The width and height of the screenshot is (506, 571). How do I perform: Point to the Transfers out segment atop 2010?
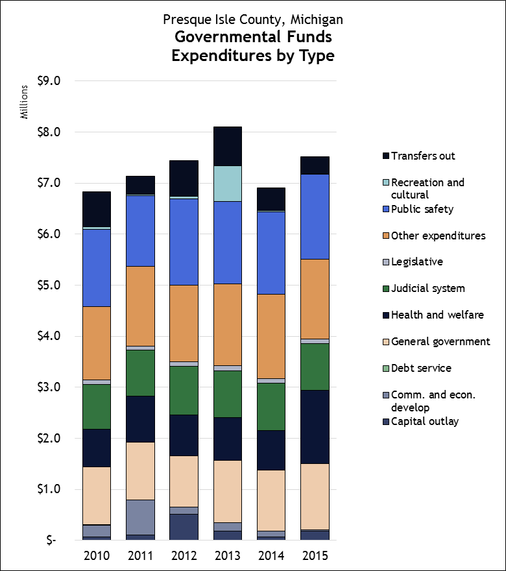point(96,209)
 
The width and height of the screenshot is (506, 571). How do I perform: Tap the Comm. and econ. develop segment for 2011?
point(140,517)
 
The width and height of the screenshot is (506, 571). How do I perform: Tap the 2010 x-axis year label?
point(96,556)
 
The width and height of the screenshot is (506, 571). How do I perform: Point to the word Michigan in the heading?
point(317,19)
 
